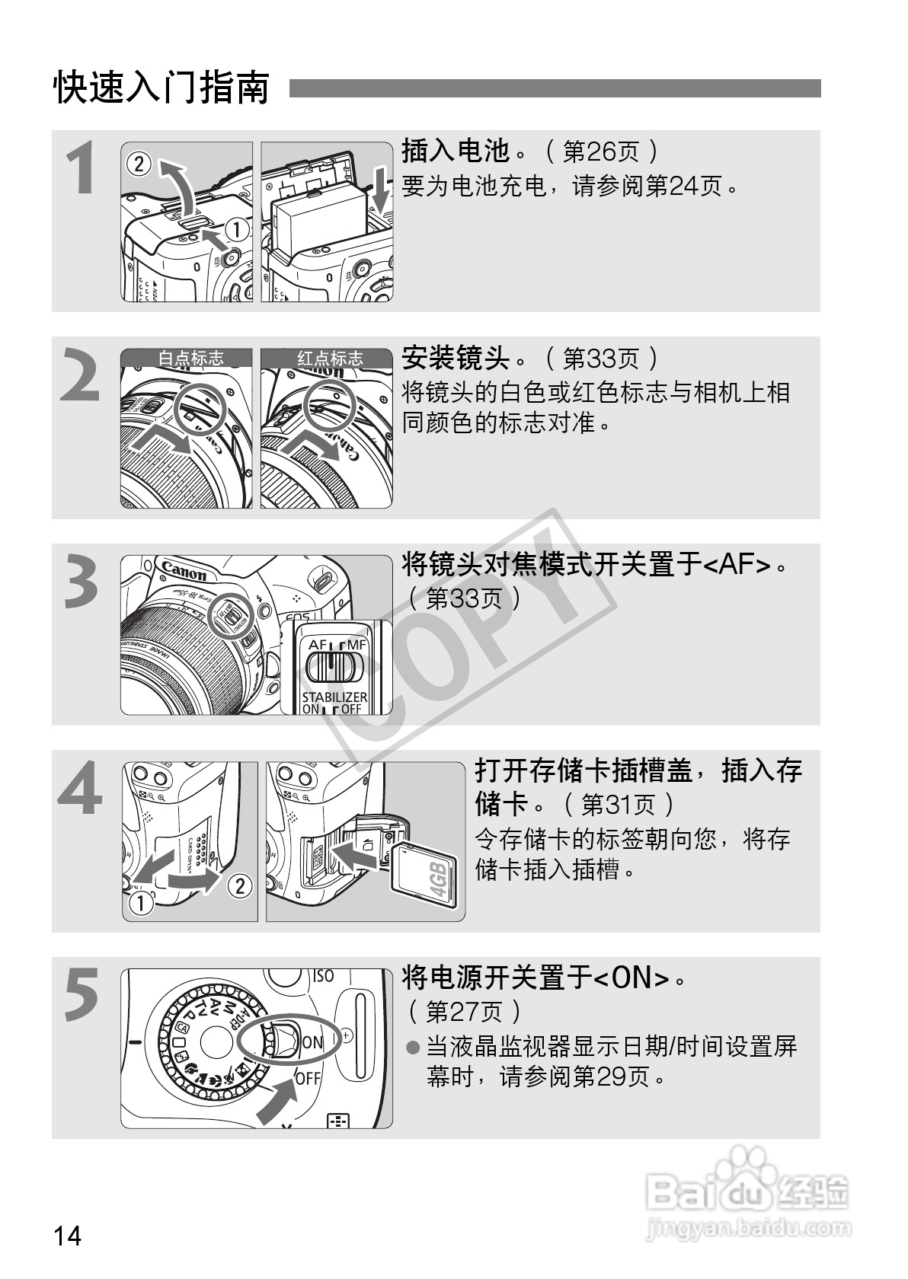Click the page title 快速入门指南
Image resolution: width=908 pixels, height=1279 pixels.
(161, 88)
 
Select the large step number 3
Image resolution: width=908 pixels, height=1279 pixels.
(82, 582)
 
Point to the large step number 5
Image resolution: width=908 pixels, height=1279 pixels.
(82, 995)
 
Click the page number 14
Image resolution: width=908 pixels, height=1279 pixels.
(67, 1236)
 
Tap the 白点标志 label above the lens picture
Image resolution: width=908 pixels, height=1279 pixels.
(191, 358)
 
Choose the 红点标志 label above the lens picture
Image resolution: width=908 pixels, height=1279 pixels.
(331, 358)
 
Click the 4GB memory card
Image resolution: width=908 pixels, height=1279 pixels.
(425, 874)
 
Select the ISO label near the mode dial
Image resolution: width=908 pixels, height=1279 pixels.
(323, 977)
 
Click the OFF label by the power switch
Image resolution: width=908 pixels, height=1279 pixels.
(309, 1078)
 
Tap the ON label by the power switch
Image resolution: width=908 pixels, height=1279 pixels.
(312, 1043)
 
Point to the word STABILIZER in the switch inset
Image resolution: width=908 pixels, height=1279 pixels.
(335, 697)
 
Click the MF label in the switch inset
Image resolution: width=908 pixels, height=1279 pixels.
(356, 645)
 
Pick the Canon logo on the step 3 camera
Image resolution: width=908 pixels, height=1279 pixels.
(184, 570)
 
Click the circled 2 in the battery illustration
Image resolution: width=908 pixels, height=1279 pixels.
(139, 164)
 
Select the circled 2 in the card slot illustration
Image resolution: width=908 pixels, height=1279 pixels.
(240, 885)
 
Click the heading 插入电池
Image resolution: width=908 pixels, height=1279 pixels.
(456, 151)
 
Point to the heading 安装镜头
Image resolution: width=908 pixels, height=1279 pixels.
(456, 358)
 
